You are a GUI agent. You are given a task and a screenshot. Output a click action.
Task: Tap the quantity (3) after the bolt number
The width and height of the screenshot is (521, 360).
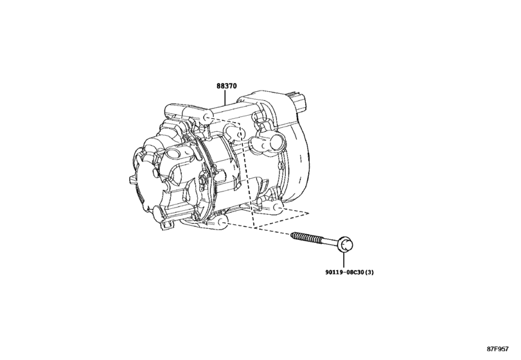(367, 271)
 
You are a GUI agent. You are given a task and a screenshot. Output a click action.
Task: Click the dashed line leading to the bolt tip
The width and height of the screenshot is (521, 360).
(270, 230)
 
